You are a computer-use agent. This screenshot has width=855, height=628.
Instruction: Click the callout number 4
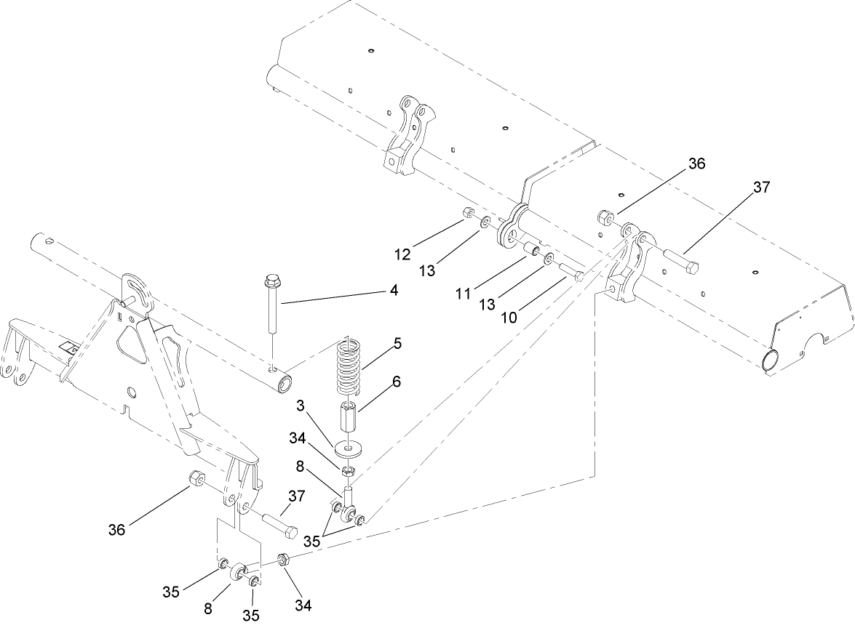click(x=394, y=289)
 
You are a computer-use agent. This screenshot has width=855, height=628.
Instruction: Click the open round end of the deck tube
click(x=769, y=360)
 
